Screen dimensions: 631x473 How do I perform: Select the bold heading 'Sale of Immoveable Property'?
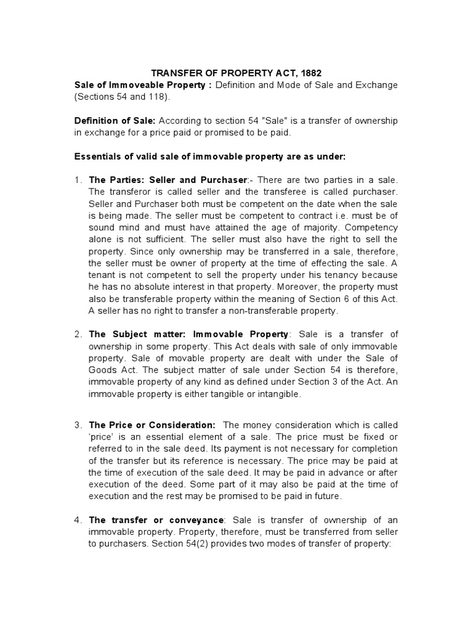pos(140,85)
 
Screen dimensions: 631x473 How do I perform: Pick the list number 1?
pos(78,180)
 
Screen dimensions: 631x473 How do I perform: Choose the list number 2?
pos(78,335)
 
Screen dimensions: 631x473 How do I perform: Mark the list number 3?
pos(78,426)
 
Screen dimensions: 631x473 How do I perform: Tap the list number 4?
pos(78,519)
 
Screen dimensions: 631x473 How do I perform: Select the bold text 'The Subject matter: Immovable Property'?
pos(188,335)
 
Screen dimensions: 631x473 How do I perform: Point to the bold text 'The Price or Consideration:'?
pos(152,426)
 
